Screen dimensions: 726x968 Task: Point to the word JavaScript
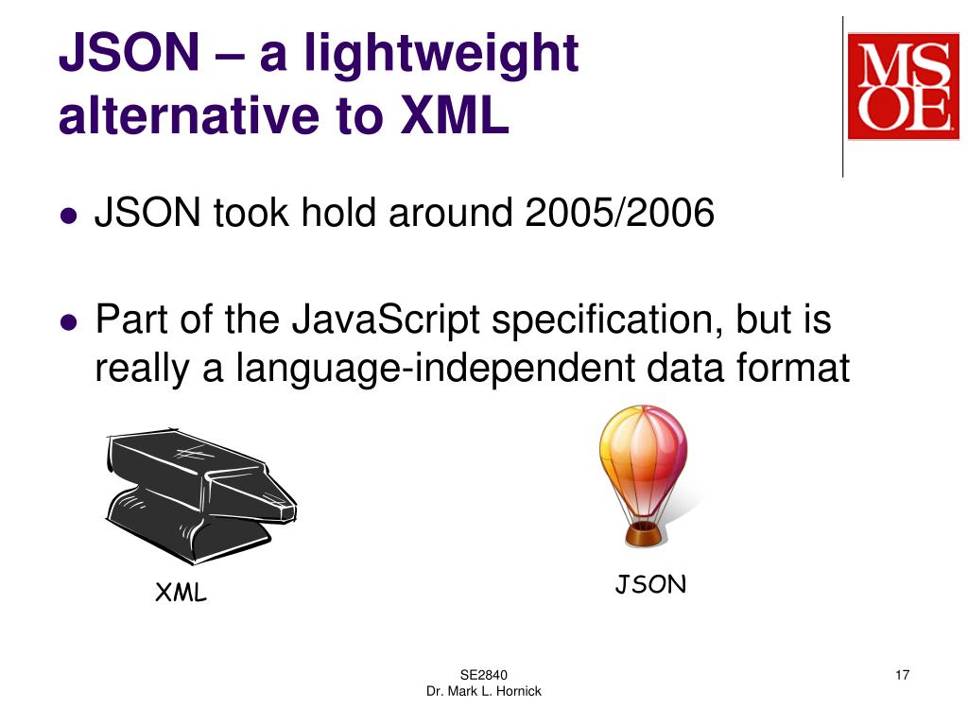384,320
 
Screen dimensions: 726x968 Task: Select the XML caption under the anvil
181,594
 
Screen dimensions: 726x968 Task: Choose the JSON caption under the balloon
650,585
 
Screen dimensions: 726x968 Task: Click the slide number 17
902,675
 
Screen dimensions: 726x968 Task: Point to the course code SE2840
483,675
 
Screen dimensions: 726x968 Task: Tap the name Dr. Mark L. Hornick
483,692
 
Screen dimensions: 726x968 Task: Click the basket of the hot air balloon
644,535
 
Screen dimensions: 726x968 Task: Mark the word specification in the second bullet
598,320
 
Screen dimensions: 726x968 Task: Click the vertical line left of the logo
842,95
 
